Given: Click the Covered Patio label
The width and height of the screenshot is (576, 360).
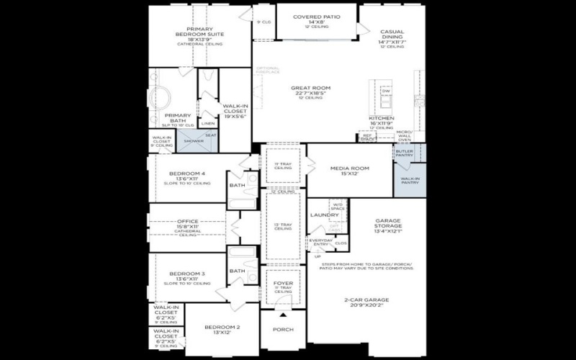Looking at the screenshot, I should coord(318,17).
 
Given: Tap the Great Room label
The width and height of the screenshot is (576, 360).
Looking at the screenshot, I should coord(311,89).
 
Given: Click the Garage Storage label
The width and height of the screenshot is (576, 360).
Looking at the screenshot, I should coord(392,223).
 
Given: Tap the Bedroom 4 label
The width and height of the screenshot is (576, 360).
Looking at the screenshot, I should coord(187,174).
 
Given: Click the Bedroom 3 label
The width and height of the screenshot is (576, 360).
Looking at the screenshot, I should coord(187,274).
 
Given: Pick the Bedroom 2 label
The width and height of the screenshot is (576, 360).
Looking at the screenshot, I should coord(222,328).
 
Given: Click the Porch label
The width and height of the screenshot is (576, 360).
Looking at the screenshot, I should coord(283,330).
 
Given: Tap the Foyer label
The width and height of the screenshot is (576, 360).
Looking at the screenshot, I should coord(283,283).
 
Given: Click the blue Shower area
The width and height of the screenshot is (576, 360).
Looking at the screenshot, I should coord(194,140).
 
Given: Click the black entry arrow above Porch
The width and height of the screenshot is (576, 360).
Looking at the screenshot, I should coord(283,315).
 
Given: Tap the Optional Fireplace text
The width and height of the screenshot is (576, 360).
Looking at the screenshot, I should coord(267,71).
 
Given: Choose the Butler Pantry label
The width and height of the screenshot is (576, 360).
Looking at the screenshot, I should coord(404,153).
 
